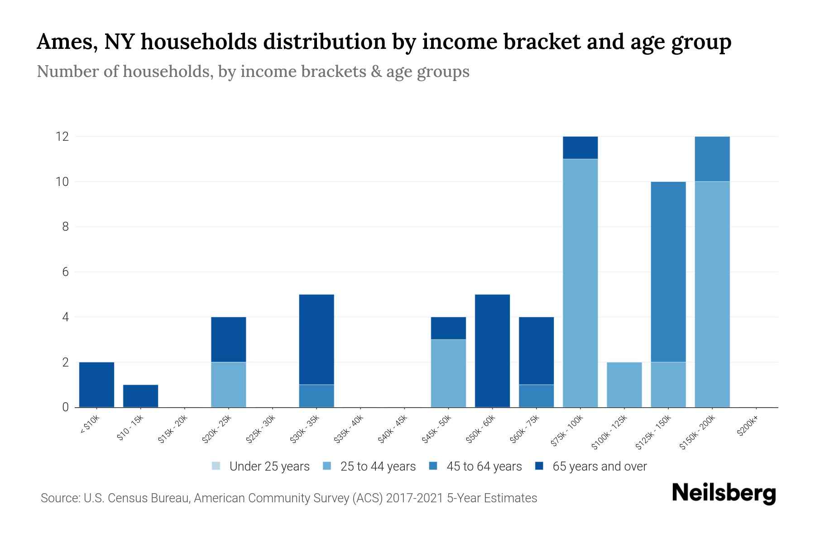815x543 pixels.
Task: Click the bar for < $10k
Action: click(x=96, y=385)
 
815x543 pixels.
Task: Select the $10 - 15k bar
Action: click(x=140, y=396)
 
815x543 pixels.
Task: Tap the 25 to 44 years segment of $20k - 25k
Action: click(x=229, y=385)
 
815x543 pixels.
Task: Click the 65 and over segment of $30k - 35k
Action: click(x=316, y=339)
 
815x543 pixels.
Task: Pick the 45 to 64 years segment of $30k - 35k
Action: click(x=316, y=396)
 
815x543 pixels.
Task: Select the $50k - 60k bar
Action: click(x=492, y=351)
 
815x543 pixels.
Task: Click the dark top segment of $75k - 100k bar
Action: click(x=580, y=148)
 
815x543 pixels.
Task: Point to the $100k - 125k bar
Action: click(x=624, y=385)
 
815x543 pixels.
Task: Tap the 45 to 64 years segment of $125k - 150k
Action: click(x=668, y=271)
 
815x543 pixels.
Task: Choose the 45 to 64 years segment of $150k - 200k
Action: click(x=712, y=159)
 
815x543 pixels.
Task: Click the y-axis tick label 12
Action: click(x=62, y=136)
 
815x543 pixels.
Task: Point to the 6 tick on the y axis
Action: click(x=66, y=272)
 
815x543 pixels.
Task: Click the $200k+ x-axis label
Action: click(x=748, y=427)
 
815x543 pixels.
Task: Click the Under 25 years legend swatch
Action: click(x=216, y=466)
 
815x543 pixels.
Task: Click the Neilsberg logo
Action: click(x=724, y=493)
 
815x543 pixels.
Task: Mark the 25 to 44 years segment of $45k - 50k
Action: click(x=448, y=373)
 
